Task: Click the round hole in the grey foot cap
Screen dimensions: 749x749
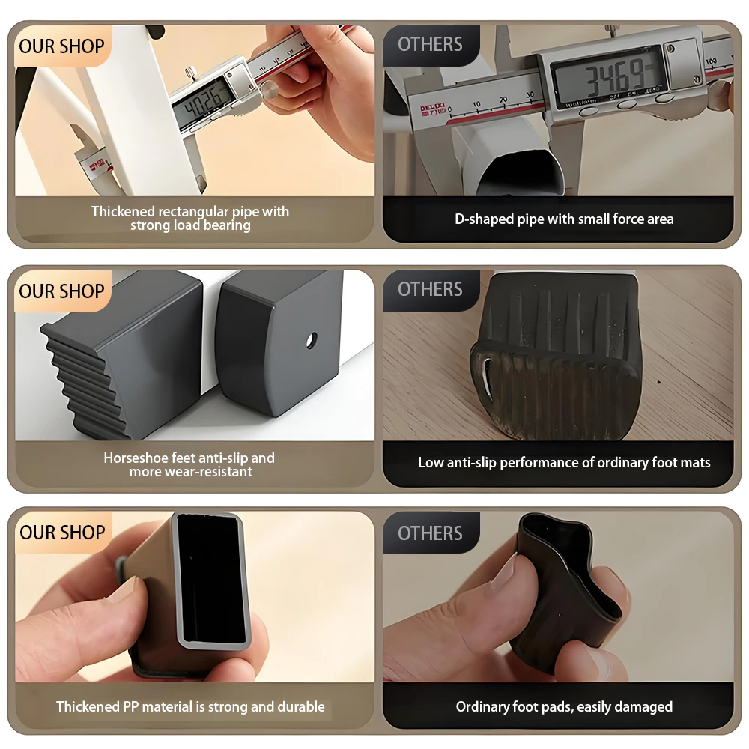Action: [x=312, y=341]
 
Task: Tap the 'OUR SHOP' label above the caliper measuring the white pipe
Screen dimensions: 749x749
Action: [x=61, y=46]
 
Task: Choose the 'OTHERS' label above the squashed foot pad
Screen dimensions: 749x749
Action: [x=430, y=533]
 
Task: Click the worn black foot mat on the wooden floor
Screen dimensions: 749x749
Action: [x=557, y=356]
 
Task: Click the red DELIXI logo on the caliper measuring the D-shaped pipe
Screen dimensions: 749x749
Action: [x=432, y=109]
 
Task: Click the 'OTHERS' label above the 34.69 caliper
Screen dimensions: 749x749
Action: [x=430, y=44]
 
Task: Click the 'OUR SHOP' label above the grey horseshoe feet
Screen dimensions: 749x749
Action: [x=61, y=291]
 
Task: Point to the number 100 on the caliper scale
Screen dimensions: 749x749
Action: [x=712, y=61]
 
